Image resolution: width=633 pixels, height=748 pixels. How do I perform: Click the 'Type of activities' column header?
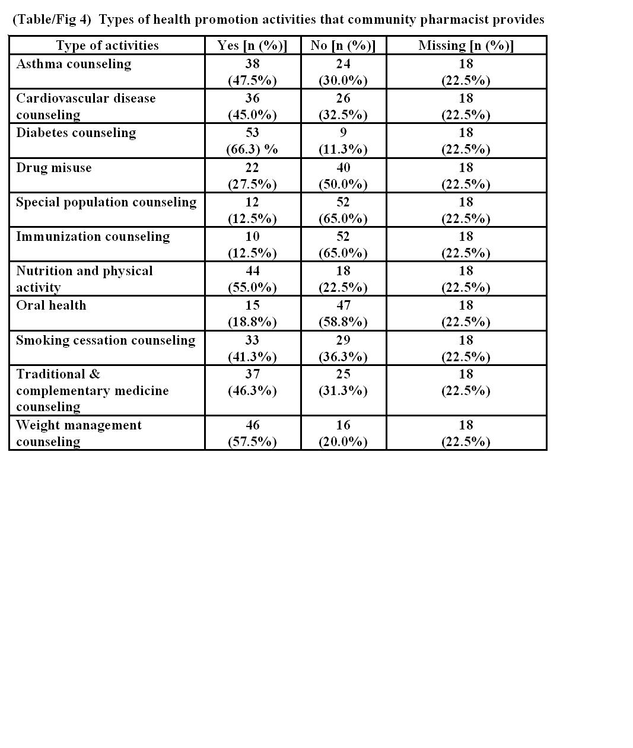(x=107, y=46)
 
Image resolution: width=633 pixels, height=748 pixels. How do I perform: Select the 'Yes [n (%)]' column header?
(x=252, y=46)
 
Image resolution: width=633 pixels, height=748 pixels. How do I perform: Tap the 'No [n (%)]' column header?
(x=343, y=46)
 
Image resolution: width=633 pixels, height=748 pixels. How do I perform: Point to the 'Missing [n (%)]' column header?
(x=466, y=46)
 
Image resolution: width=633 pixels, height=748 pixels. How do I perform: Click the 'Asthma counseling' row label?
(x=74, y=64)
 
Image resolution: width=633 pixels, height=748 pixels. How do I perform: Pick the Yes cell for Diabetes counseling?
(x=252, y=141)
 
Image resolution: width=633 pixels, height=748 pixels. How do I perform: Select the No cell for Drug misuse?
(x=343, y=176)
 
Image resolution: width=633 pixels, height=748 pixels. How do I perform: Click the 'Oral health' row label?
(x=51, y=305)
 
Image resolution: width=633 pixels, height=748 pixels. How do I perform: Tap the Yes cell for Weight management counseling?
(x=252, y=433)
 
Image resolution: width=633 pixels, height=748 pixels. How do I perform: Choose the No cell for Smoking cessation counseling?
(x=343, y=348)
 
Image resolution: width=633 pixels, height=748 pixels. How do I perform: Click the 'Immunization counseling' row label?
(x=93, y=237)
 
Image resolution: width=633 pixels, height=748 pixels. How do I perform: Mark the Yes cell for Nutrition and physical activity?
(x=252, y=279)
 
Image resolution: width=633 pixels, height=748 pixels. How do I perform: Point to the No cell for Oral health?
(x=343, y=313)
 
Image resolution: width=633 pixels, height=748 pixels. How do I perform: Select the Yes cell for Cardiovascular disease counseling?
(x=252, y=106)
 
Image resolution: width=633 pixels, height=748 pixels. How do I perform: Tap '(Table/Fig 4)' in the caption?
(x=52, y=20)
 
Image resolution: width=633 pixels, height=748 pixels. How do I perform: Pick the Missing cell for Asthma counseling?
(x=466, y=72)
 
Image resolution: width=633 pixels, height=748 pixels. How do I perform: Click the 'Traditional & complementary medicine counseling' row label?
(x=92, y=390)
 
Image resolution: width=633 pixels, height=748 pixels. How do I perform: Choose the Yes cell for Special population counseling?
(x=252, y=210)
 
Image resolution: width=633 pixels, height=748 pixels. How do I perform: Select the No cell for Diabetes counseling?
(x=343, y=141)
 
